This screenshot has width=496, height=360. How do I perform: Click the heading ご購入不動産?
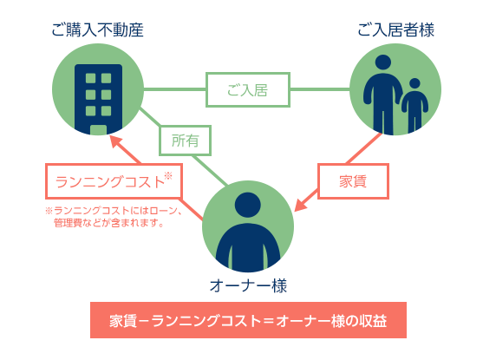click(x=97, y=30)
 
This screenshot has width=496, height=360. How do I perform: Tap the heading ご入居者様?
click(x=395, y=30)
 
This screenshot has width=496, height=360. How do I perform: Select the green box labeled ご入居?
click(x=248, y=90)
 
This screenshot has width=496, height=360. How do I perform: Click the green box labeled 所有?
click(x=185, y=141)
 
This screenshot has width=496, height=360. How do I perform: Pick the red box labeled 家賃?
click(x=353, y=181)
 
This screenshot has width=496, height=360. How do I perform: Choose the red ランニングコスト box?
click(x=114, y=181)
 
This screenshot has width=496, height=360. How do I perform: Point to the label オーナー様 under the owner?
click(x=248, y=285)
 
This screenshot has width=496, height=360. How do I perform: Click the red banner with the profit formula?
click(x=248, y=320)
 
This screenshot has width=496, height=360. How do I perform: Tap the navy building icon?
click(x=98, y=100)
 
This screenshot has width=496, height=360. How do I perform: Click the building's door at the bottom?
click(x=98, y=130)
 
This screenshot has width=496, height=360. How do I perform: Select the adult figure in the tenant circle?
click(x=382, y=95)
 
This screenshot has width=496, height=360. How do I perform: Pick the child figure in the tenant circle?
click(x=414, y=105)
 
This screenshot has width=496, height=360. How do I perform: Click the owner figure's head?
click(x=248, y=205)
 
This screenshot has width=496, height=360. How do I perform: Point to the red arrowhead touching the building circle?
click(x=116, y=142)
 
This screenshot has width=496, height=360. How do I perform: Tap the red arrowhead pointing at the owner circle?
click(x=301, y=205)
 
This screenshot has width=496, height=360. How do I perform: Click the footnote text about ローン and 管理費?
click(x=114, y=217)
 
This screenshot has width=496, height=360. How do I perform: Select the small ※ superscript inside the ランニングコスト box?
click(x=168, y=175)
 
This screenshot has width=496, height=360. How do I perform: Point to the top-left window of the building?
click(x=90, y=78)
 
